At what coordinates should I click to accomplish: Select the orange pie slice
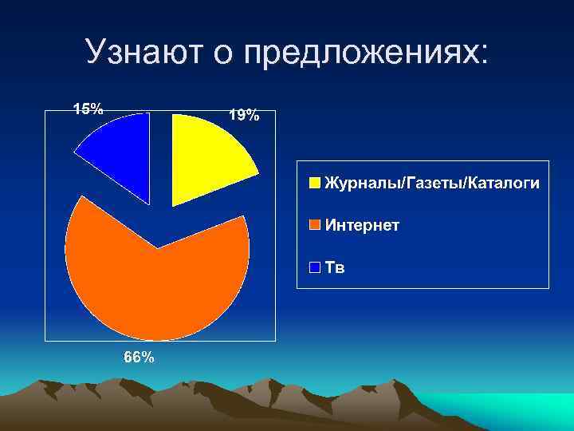pyautogui.click(x=156, y=279)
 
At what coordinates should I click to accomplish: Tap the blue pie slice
pyautogui.click(x=120, y=156)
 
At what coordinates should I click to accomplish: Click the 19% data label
pyautogui.click(x=244, y=116)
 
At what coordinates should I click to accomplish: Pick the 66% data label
pyautogui.click(x=139, y=357)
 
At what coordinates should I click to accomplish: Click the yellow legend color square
pyautogui.click(x=316, y=184)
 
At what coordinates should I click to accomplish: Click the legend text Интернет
pyautogui.click(x=362, y=225)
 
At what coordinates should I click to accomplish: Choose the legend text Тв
pyautogui.click(x=335, y=267)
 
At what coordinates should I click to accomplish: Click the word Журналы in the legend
pyautogui.click(x=363, y=184)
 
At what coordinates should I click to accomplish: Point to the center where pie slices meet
pyautogui.click(x=157, y=248)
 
